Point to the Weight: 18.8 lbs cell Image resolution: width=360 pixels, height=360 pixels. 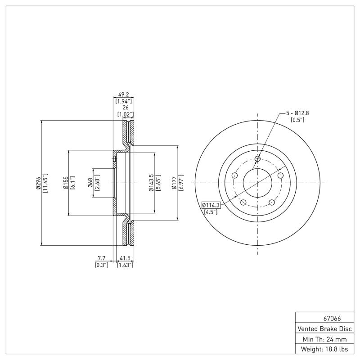pos(324,349)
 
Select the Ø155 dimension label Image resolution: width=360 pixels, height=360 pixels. pos(66,183)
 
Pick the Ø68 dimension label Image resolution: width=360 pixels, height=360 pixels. pos(90,183)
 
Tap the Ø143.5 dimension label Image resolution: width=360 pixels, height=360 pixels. pos(151,183)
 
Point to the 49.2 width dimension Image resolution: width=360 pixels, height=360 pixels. pos(123,95)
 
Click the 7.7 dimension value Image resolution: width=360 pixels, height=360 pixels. pos(101,258)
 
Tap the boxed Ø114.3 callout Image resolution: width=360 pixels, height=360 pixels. pos(211,205)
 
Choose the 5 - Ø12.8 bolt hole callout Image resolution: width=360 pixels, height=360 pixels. pos(297,113)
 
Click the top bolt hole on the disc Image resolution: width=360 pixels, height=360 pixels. pos(257,158)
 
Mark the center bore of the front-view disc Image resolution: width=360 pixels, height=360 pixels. pos(257,183)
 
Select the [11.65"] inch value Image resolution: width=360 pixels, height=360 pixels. pos(45,183)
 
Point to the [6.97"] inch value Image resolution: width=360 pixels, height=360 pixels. pos(180,183)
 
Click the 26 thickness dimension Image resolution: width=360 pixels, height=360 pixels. pos(125,108)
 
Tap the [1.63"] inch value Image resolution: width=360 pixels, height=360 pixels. pos(125,265)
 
